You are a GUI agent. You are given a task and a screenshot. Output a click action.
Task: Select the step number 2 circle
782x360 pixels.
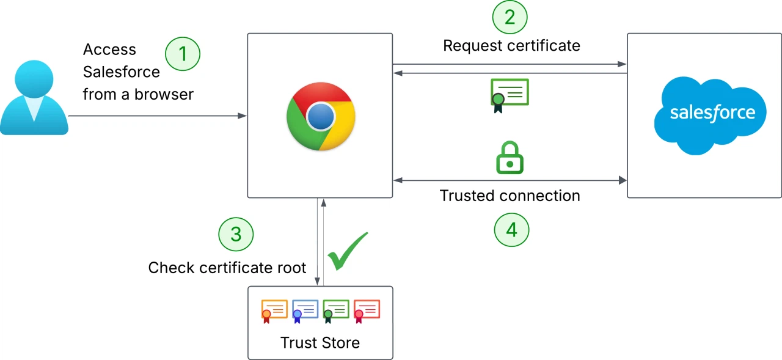point(510,17)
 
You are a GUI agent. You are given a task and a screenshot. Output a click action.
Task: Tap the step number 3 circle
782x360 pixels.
point(235,234)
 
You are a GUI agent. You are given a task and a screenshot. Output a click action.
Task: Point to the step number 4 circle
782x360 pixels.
point(511,230)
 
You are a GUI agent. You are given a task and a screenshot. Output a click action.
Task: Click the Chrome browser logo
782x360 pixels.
point(320,116)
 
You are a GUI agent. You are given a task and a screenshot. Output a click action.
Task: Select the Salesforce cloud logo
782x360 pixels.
point(710,114)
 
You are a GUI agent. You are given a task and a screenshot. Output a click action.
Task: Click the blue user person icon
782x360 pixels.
point(34,98)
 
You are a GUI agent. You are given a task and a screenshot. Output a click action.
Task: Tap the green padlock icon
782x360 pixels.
point(510,158)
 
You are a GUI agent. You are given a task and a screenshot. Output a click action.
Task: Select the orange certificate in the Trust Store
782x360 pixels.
point(274,310)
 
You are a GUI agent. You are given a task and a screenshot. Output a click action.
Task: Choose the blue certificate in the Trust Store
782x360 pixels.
point(305,310)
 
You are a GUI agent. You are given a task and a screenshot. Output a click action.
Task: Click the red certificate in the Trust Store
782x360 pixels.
point(367,310)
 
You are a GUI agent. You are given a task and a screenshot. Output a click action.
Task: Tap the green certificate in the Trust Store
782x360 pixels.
point(335,310)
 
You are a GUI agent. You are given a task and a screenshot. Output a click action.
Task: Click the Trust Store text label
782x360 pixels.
point(320,343)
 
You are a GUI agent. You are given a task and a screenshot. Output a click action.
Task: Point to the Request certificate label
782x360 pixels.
point(511,46)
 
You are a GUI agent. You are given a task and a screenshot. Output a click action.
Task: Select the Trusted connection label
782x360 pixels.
point(510,196)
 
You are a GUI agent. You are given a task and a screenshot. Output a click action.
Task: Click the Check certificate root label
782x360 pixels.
point(227,268)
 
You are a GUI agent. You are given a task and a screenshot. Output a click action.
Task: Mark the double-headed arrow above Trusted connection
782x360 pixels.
point(510,180)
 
